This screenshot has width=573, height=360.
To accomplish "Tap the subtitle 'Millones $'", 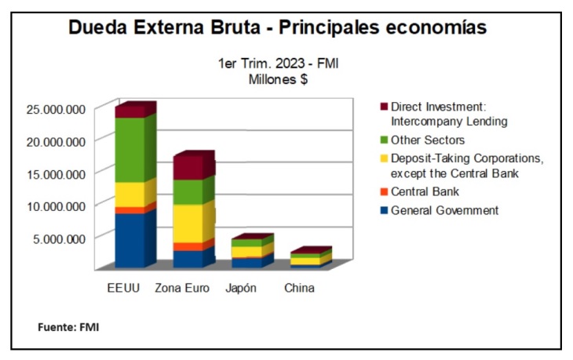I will (x=278, y=80).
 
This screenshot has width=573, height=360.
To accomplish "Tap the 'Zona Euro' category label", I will (x=182, y=289).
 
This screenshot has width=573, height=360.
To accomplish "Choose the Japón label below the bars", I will (x=240, y=289).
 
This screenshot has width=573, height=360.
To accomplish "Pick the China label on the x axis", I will (x=299, y=289).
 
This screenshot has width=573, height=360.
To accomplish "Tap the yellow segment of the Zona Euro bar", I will (x=188, y=223).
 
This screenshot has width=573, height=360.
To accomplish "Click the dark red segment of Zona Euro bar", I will (x=188, y=167).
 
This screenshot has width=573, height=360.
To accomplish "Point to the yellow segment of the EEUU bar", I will (x=130, y=194).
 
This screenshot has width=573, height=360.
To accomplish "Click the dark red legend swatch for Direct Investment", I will (x=383, y=107).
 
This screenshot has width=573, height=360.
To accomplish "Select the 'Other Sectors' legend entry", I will (x=428, y=140).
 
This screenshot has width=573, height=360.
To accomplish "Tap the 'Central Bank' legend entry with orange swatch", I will (x=425, y=191).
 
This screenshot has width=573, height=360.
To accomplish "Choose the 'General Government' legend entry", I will (x=444, y=210).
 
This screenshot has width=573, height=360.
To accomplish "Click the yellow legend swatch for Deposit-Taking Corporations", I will (x=383, y=158).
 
